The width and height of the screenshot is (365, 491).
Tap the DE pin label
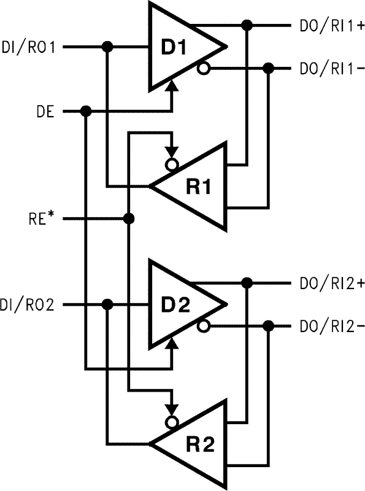pos(45,111)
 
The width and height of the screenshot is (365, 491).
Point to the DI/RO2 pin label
pos(28,304)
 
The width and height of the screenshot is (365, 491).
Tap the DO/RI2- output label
pos(328,326)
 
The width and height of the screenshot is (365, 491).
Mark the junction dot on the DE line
pos(86,111)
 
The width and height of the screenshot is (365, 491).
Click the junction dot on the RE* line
pos(129,218)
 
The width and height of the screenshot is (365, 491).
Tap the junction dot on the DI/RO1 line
pos(107,47)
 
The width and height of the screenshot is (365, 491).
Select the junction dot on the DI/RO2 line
pos(107,304)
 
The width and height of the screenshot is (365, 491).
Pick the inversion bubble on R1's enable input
pos(172,164)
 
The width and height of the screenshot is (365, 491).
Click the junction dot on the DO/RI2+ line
pos(247,283)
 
